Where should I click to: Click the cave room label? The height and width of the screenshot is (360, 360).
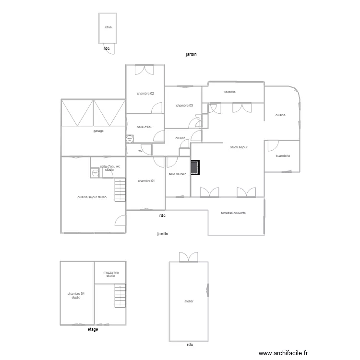tap(108, 27)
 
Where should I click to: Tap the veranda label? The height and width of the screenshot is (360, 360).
tap(230, 92)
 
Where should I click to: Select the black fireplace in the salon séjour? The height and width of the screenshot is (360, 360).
tap(195, 168)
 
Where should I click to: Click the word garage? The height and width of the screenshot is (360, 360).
tap(98, 131)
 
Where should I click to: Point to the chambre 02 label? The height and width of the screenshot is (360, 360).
tap(145, 94)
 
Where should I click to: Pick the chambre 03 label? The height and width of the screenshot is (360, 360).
tap(184, 106)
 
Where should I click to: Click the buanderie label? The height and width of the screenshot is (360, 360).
tap(283, 156)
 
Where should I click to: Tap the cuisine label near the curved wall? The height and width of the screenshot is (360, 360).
tap(280, 115)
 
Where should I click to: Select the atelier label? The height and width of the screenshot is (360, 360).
tap(189, 301)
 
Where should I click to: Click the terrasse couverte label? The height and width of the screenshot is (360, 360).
tap(233, 213)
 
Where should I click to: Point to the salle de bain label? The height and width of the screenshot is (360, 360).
tap(178, 174)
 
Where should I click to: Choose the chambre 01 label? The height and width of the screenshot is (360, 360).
tap(146, 181)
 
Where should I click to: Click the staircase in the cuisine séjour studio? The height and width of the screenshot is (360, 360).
tap(120, 190)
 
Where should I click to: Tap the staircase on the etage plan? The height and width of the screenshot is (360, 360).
tap(120, 296)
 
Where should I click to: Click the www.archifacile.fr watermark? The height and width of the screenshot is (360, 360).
tap(283, 353)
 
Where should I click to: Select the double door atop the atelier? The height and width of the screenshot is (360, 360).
tap(189, 257)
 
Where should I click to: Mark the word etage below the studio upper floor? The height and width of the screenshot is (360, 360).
tap(93, 329)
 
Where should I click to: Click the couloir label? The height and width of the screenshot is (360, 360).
tap(180, 138)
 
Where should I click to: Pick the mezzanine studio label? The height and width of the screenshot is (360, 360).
tap(111, 274)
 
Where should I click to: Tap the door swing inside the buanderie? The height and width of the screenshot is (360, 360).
tap(273, 146)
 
